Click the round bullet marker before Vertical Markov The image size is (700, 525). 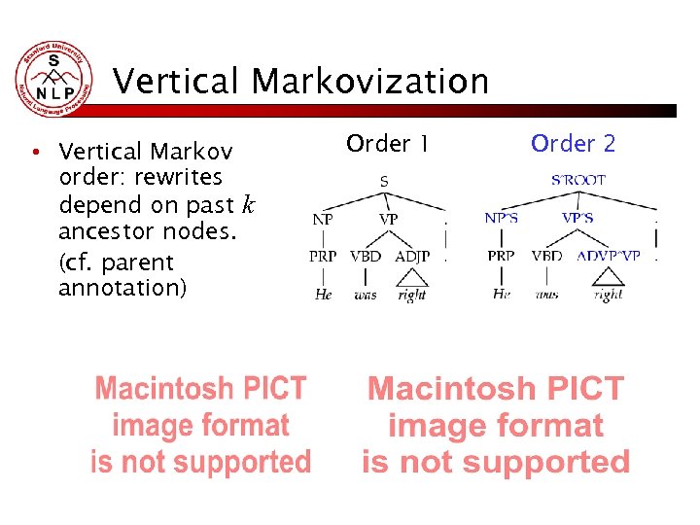34,153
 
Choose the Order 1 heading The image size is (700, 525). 387,144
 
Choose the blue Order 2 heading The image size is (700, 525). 573,144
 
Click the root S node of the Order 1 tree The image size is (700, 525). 383,181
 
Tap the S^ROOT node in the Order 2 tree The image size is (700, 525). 578,180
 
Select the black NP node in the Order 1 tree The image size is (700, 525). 323,220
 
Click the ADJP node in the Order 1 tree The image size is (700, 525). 412,257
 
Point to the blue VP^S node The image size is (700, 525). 577,219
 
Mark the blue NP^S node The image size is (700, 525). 501,219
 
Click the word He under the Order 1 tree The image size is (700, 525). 323,295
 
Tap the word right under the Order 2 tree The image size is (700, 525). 608,295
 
